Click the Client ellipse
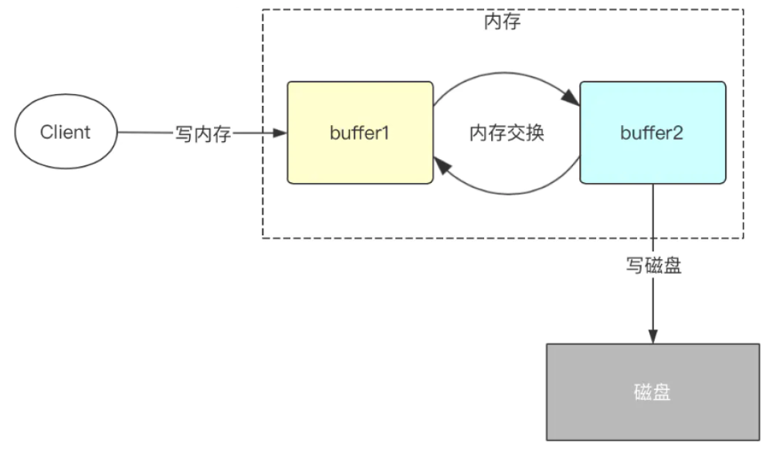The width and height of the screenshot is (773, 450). tap(66, 133)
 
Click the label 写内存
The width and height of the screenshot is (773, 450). tap(203, 134)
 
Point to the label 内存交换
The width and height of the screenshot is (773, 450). tap(507, 133)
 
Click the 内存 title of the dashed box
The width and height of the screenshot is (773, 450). tap(502, 22)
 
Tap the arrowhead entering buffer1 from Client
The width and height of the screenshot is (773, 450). tap(280, 133)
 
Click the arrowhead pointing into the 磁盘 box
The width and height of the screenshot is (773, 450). tap(653, 337)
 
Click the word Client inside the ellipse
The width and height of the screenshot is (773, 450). tap(66, 133)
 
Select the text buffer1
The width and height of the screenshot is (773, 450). tap(360, 133)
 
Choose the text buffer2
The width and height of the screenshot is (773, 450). tap(653, 133)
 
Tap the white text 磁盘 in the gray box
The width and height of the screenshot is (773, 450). tap(653, 391)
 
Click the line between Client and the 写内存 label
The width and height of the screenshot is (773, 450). tap(145, 133)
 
